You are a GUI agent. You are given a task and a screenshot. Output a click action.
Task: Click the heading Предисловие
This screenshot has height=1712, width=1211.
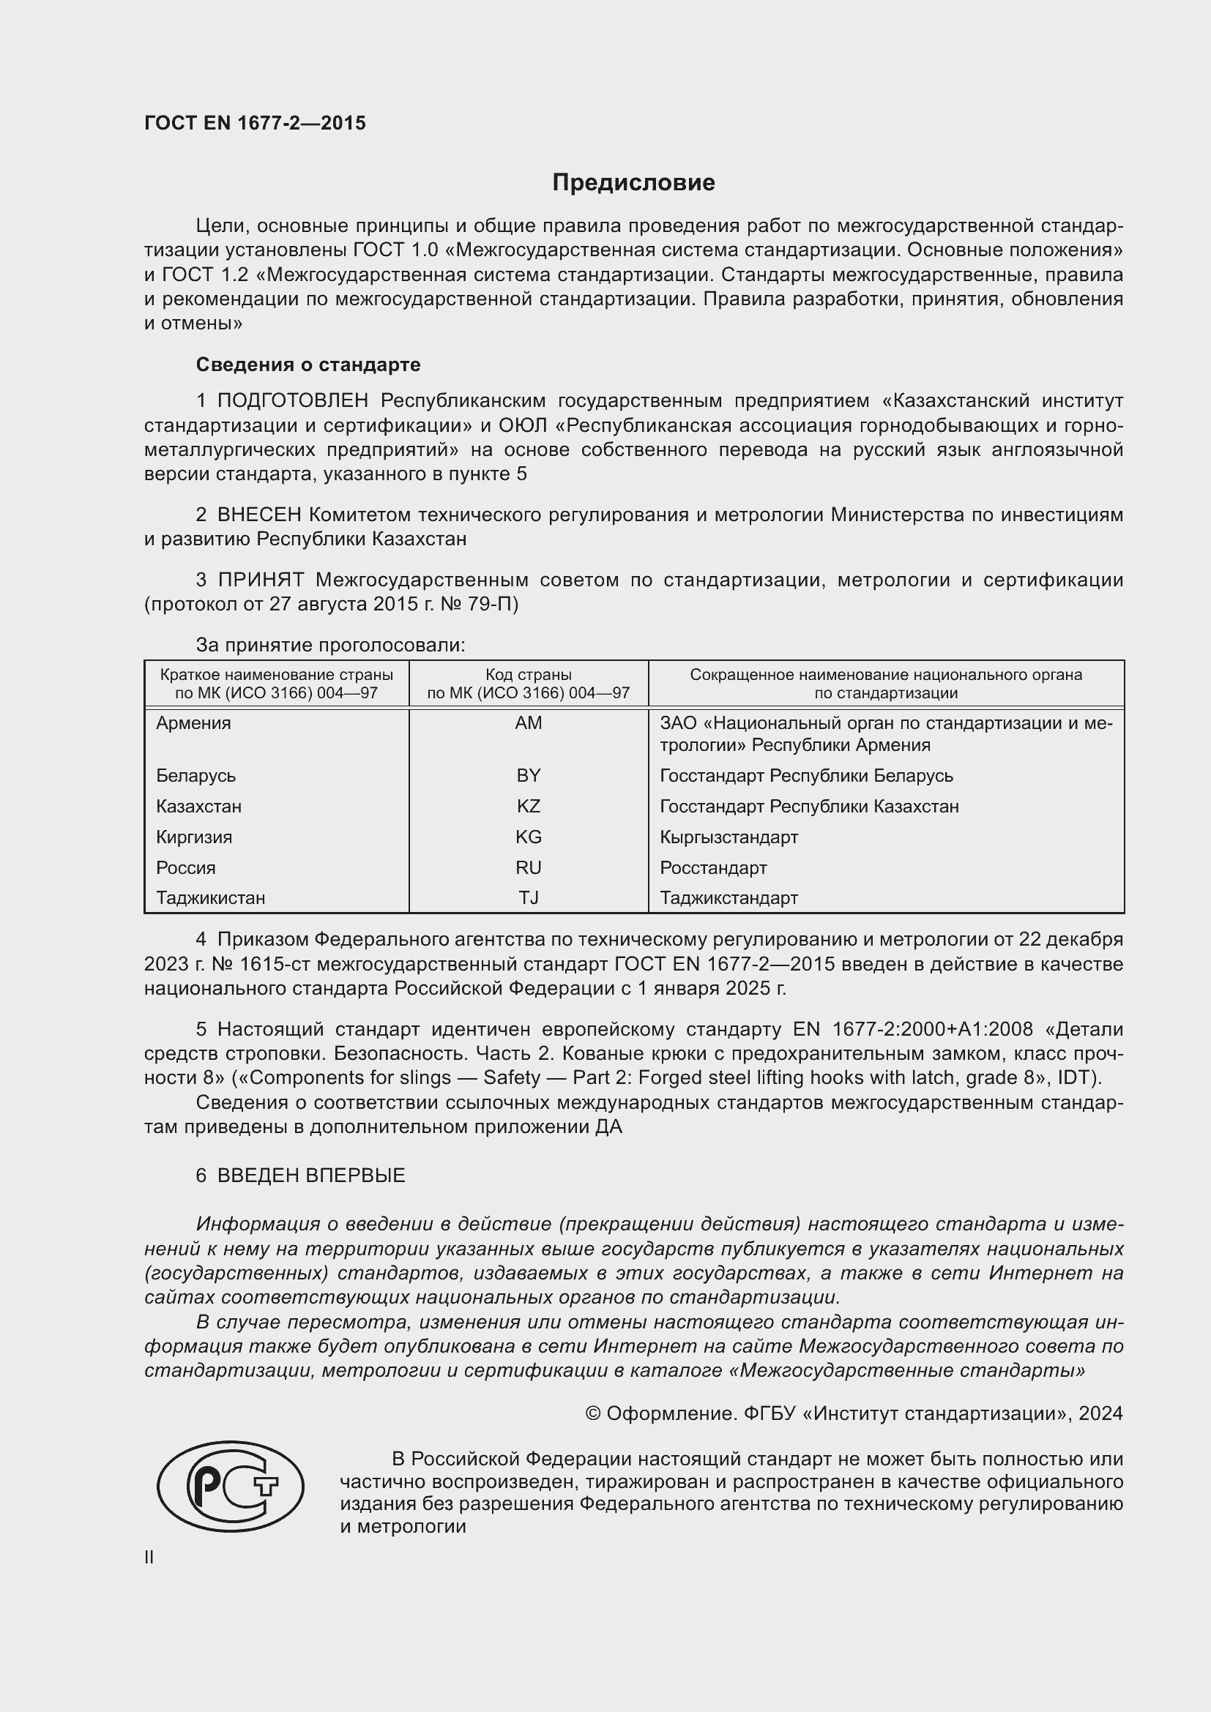633,183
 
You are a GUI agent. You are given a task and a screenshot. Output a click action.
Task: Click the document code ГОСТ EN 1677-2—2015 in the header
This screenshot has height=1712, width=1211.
255,123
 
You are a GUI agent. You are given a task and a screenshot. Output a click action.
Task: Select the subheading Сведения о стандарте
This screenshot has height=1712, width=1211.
308,365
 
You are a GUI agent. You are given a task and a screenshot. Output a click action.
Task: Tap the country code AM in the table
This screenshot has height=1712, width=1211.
528,722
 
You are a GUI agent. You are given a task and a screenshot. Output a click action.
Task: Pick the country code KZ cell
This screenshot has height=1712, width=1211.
528,806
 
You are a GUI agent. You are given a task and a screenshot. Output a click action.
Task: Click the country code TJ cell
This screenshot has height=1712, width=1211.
528,897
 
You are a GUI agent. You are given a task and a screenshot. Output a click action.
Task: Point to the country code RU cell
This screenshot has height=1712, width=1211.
528,867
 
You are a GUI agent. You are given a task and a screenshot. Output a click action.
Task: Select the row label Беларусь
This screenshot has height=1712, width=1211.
196,775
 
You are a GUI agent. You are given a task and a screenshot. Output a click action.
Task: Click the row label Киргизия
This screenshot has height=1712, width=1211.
194,837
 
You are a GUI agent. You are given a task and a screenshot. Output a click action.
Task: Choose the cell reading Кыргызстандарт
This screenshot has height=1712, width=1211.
729,837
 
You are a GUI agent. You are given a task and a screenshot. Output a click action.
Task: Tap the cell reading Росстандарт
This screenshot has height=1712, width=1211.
713,867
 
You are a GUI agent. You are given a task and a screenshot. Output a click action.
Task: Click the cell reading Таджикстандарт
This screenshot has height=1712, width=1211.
729,897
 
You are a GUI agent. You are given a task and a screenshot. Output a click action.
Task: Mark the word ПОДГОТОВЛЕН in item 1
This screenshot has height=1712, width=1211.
292,401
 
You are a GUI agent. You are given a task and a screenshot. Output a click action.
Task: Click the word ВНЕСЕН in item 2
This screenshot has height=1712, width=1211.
258,515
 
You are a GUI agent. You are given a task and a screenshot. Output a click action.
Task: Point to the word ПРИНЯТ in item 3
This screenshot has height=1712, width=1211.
261,580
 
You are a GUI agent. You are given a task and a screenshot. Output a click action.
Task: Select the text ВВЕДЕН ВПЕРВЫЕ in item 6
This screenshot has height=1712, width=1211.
311,1175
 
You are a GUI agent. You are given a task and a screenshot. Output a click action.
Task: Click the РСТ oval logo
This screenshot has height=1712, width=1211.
231,1486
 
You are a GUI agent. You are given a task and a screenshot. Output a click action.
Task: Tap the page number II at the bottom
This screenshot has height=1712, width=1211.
149,1557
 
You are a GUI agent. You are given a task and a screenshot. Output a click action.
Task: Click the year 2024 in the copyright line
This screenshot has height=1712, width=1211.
1100,1413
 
